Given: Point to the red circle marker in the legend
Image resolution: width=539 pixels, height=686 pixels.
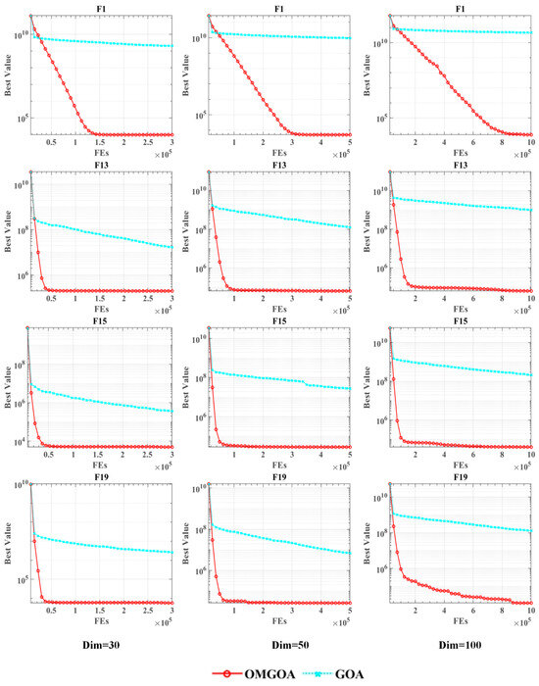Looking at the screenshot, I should point(224,674).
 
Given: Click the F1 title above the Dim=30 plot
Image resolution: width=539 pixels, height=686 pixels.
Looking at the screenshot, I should point(101,8).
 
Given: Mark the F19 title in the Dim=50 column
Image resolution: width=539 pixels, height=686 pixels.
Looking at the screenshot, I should point(279,477).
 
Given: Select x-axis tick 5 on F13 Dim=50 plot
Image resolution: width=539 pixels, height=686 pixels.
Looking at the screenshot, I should point(351,299).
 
